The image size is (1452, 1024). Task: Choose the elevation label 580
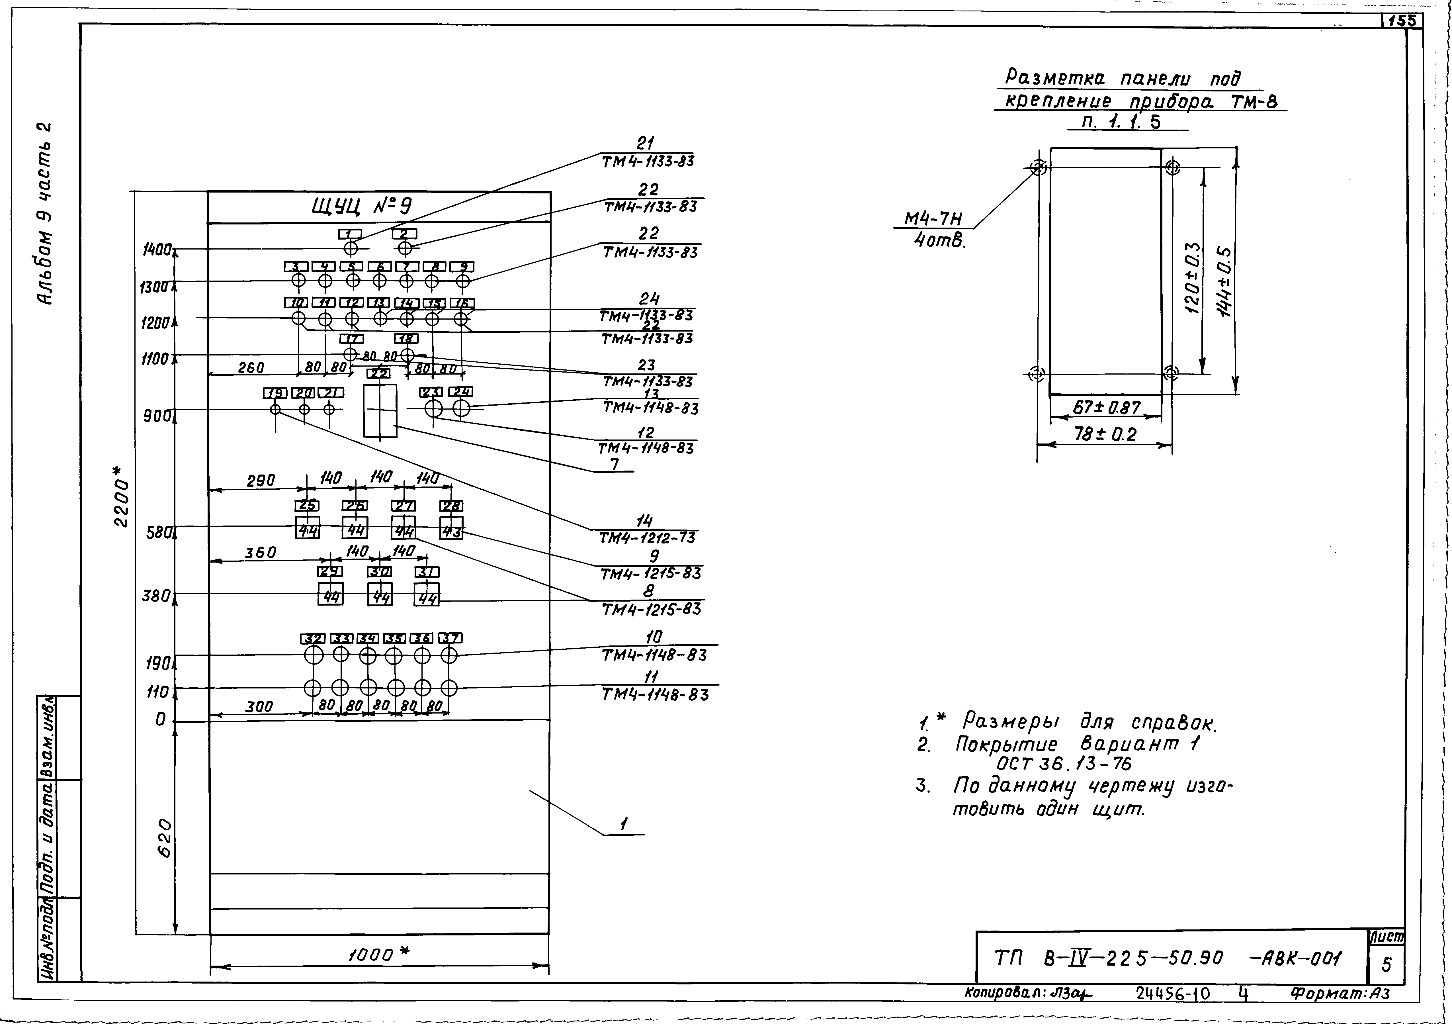[x=158, y=533]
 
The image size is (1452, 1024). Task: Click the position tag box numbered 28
[x=451, y=506]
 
